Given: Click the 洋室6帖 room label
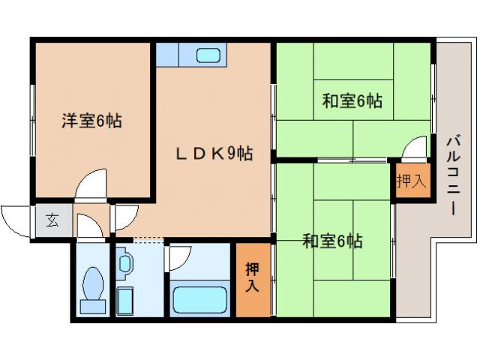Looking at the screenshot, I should click(x=91, y=120).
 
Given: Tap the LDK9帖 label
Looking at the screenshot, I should click(x=214, y=154).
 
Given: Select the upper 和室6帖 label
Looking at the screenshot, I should click(x=352, y=100).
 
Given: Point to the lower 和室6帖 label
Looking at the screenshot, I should click(x=333, y=241).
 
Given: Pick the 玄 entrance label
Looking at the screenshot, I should click(x=52, y=220).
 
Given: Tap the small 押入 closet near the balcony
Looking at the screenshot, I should click(x=410, y=181).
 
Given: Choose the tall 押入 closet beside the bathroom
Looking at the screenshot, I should click(x=252, y=278).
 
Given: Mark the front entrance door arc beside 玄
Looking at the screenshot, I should click(x=14, y=218).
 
